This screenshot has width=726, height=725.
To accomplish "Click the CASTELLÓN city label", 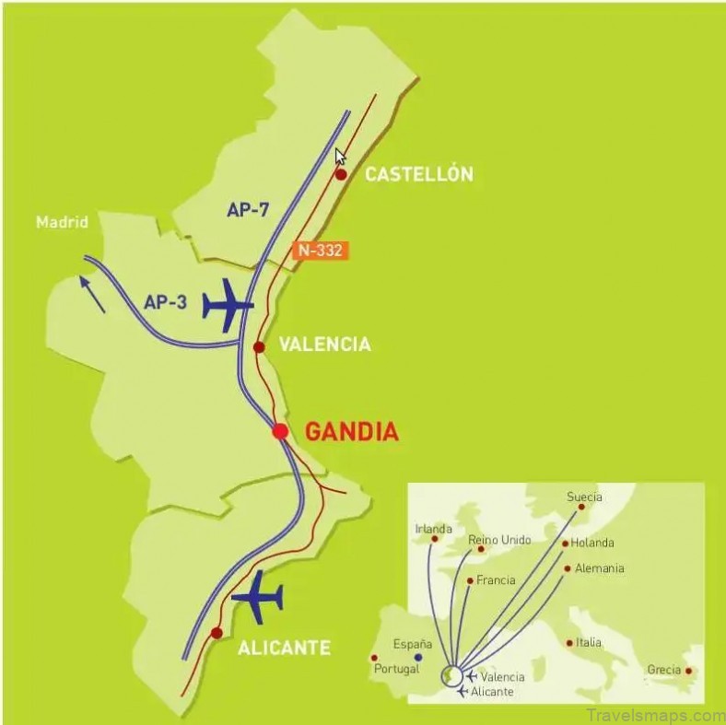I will (x=419, y=174).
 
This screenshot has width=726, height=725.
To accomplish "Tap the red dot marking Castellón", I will (x=341, y=175).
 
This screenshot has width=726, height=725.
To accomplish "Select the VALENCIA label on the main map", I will (x=324, y=345).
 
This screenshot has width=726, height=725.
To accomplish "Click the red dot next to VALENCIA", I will (x=259, y=347).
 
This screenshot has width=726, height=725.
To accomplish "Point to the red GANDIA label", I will (x=351, y=431).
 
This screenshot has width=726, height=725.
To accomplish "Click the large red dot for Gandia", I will (x=280, y=431).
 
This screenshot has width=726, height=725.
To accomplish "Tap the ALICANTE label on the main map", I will (x=284, y=648).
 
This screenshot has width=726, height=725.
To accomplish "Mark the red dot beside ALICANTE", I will (x=216, y=633).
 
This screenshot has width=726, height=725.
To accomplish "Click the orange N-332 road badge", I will (x=321, y=249).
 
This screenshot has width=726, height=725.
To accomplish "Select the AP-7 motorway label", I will (x=248, y=210).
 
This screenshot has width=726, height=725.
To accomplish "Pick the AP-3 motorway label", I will (x=166, y=301).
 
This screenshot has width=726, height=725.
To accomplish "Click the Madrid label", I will (x=62, y=222).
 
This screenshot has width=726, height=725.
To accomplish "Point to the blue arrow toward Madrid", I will (x=92, y=295).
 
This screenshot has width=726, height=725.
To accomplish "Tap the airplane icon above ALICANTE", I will (x=258, y=599).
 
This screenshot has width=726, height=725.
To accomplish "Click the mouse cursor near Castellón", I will (x=340, y=156).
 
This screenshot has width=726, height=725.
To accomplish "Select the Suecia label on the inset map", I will (x=584, y=497).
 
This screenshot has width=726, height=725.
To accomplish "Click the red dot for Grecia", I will (x=687, y=671).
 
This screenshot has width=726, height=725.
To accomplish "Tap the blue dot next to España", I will (x=418, y=658).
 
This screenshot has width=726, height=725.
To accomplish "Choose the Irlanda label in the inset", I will (x=434, y=529).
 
